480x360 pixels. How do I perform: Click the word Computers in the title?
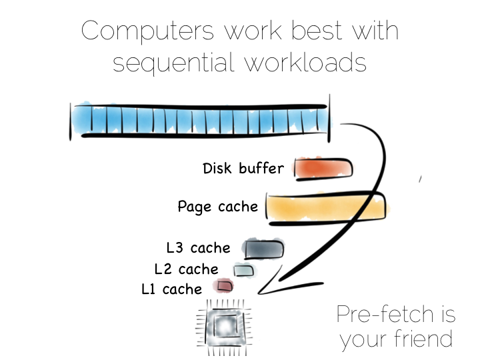147,31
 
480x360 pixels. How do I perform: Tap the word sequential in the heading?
173,62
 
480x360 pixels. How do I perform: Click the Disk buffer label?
243,169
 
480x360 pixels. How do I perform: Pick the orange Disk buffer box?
323,169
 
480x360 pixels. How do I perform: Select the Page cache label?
217,207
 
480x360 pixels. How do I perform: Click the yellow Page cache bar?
326,208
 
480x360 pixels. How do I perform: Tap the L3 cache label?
198,247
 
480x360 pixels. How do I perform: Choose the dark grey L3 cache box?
264,249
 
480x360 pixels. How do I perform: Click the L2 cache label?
186,269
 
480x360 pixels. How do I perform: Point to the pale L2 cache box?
244,270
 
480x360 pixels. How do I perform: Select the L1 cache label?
171,289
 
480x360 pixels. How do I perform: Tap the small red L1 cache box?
224,286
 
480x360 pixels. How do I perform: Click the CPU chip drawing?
225,327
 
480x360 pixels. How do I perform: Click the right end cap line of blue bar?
329,119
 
